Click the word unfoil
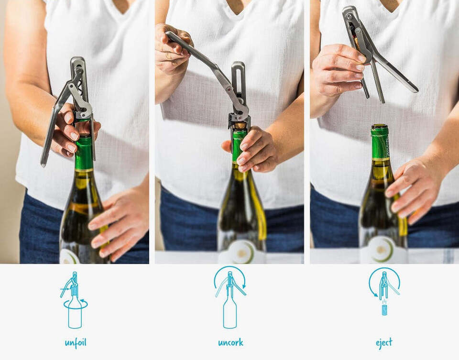76,343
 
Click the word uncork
230,343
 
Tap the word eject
384,343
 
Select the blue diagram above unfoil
75,300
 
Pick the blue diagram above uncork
230,297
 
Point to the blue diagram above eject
384,292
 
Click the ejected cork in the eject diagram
384,310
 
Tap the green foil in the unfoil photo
84,153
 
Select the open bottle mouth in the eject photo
380,126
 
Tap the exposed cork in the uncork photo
240,126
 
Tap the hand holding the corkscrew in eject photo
339,70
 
